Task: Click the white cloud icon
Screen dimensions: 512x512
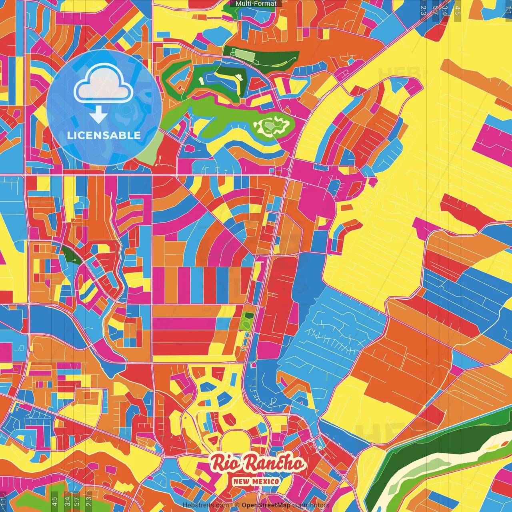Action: tap(104, 84)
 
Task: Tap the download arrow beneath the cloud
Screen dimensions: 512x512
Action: tap(98, 115)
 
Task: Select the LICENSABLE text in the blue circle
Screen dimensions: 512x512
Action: tap(104, 135)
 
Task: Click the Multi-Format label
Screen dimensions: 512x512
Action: tap(256, 4)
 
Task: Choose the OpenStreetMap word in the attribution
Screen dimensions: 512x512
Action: tap(266, 505)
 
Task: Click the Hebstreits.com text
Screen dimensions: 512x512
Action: tap(206, 505)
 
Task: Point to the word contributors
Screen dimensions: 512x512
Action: tap(311, 505)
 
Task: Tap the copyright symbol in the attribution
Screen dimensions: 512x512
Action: tap(237, 505)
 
